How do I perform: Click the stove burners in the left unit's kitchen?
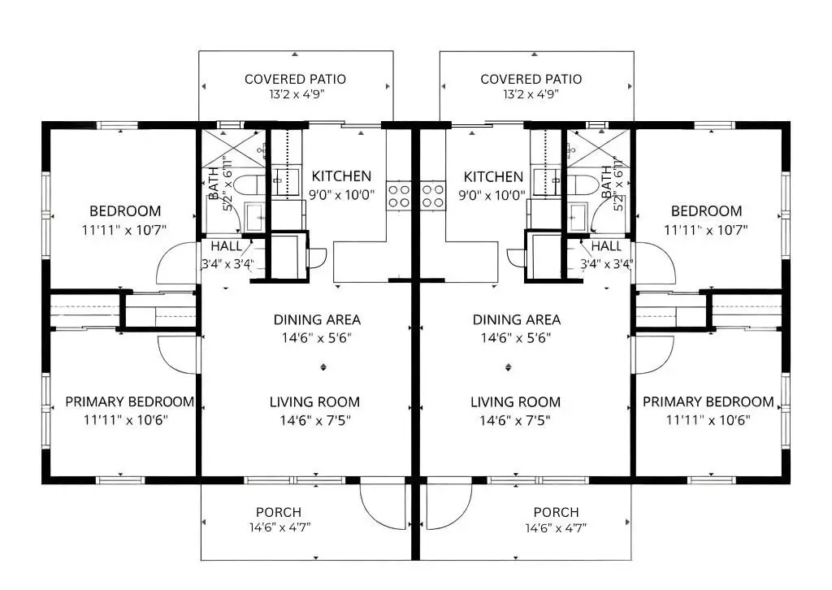(398, 195)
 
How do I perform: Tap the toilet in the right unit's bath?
(578, 184)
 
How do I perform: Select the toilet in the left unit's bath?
(249, 184)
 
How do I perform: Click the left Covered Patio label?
(295, 79)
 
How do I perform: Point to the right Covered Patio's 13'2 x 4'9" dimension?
(531, 94)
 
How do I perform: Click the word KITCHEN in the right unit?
(493, 176)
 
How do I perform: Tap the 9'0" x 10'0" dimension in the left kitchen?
(342, 195)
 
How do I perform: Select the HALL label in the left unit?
(227, 246)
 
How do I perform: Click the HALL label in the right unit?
(606, 246)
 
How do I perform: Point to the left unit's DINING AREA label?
(318, 319)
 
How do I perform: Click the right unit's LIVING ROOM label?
(515, 402)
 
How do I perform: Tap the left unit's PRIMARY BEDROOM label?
(129, 401)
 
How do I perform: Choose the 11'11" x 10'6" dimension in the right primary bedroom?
(708, 420)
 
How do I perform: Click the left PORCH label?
(279, 512)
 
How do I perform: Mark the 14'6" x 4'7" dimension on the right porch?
(556, 528)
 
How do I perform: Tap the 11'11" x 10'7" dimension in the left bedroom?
(124, 230)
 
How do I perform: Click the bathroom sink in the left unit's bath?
(254, 216)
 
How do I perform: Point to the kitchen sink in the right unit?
(546, 182)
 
